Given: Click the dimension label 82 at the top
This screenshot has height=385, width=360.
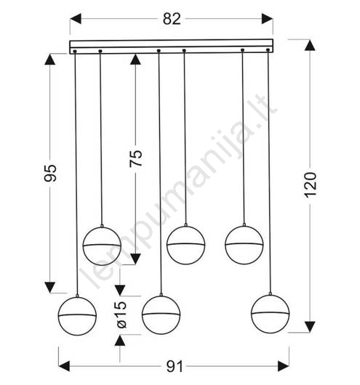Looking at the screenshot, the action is tap(172, 19).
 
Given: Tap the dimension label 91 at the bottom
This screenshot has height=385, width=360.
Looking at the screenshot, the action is tap(175, 367).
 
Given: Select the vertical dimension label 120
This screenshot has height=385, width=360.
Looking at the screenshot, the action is tap(311, 185).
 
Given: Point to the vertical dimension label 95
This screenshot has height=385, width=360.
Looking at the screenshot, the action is tap(50, 173).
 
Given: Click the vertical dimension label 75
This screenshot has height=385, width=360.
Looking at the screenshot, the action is tap(136, 158).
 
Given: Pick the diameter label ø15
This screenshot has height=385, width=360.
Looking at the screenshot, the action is tap(121, 315).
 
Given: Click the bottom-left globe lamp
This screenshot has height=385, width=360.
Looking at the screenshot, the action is tap(77, 316).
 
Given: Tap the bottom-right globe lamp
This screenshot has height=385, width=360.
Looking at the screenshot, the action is tap(271, 314).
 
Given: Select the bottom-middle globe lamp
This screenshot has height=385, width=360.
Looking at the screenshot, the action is tap(161, 315).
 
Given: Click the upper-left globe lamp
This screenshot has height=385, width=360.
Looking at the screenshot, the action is tap(102, 246).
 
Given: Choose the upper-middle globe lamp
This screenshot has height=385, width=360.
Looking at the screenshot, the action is tap(185, 245).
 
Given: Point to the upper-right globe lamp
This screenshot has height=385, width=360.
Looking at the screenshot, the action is tap(244, 245).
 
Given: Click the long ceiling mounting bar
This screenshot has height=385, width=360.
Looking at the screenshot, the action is tap(172, 46).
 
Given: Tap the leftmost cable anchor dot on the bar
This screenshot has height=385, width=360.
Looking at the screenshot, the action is tap(75, 52).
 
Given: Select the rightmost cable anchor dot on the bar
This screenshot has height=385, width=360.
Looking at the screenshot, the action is tap(268, 50).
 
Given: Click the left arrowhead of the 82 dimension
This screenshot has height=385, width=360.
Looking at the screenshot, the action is tap(76, 19).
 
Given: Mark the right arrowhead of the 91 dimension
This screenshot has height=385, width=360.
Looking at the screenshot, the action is tap(284, 366).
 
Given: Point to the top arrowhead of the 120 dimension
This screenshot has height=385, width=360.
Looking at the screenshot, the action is tap(310, 46).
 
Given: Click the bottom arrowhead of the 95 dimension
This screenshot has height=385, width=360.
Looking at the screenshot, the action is tap(50, 287).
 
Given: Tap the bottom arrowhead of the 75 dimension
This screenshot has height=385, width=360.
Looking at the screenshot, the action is tap(135, 259).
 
